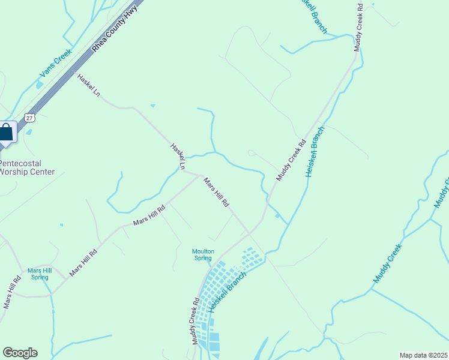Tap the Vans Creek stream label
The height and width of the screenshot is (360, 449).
coord(56,64)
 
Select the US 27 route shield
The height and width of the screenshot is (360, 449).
coord(29,117)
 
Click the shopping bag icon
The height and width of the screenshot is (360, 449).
coord(7,132)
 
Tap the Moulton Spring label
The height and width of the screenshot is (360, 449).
coord(203,254)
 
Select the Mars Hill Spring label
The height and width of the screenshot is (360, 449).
coord(40,274)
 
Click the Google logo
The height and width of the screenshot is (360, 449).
coord(20,353)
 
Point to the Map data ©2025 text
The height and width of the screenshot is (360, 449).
coord(423,355)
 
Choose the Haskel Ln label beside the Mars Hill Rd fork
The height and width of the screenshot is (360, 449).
coord(178,156)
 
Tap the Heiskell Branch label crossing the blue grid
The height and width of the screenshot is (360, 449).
coord(229,290)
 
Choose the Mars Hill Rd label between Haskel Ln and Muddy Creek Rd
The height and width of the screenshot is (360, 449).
coord(216,192)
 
